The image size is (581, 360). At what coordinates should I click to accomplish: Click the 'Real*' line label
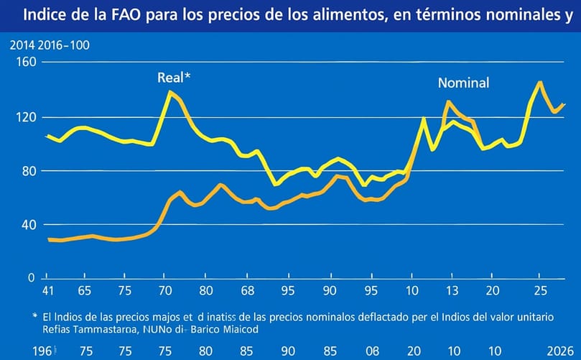[174, 78]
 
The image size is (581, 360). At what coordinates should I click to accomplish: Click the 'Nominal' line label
[463, 83]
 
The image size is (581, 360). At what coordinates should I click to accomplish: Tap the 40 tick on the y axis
[26, 224]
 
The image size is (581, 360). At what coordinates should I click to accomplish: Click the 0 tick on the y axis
[30, 277]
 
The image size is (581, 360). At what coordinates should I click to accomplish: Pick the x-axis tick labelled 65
[84, 292]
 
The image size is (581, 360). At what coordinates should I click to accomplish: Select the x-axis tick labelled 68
[247, 292]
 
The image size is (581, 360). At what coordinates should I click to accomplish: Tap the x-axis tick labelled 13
[451, 292]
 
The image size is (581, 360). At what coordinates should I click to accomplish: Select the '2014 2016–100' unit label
[50, 45]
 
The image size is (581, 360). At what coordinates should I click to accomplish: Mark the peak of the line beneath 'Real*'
[170, 92]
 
